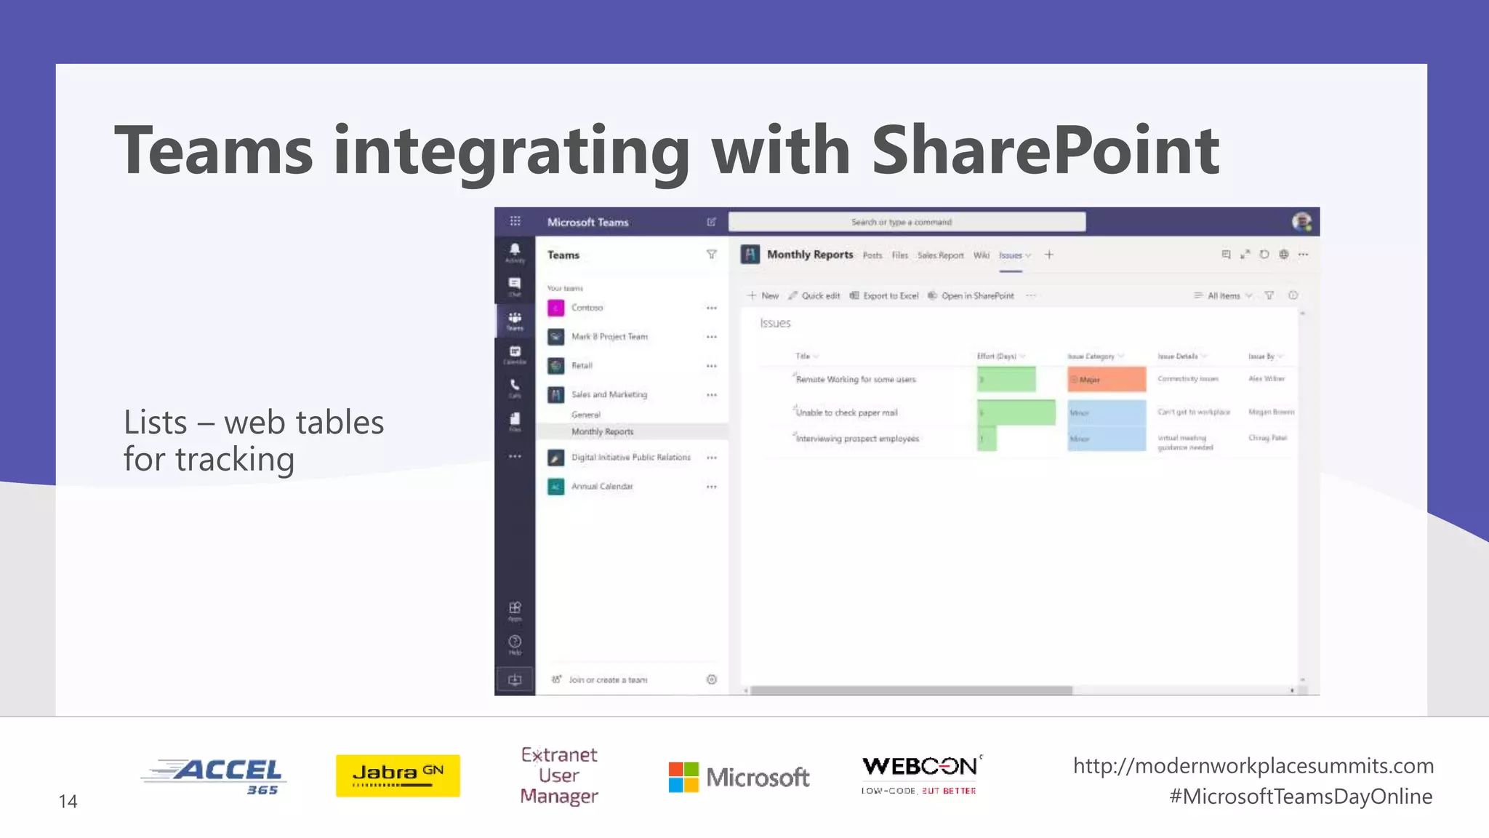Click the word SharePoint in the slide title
click(1045, 151)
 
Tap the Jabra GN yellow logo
click(398, 775)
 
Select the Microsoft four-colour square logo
click(683, 777)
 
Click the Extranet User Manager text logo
click(559, 775)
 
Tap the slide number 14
click(68, 801)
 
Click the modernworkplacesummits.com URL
click(1253, 765)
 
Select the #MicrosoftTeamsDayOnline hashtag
click(1300, 797)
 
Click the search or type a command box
click(907, 222)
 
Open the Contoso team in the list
click(587, 308)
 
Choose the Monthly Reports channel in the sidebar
click(602, 431)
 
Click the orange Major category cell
click(1106, 380)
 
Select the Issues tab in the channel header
click(1011, 255)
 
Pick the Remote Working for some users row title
click(856, 380)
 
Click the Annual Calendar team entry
click(601, 487)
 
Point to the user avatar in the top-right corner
click(1301, 222)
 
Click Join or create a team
click(607, 679)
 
